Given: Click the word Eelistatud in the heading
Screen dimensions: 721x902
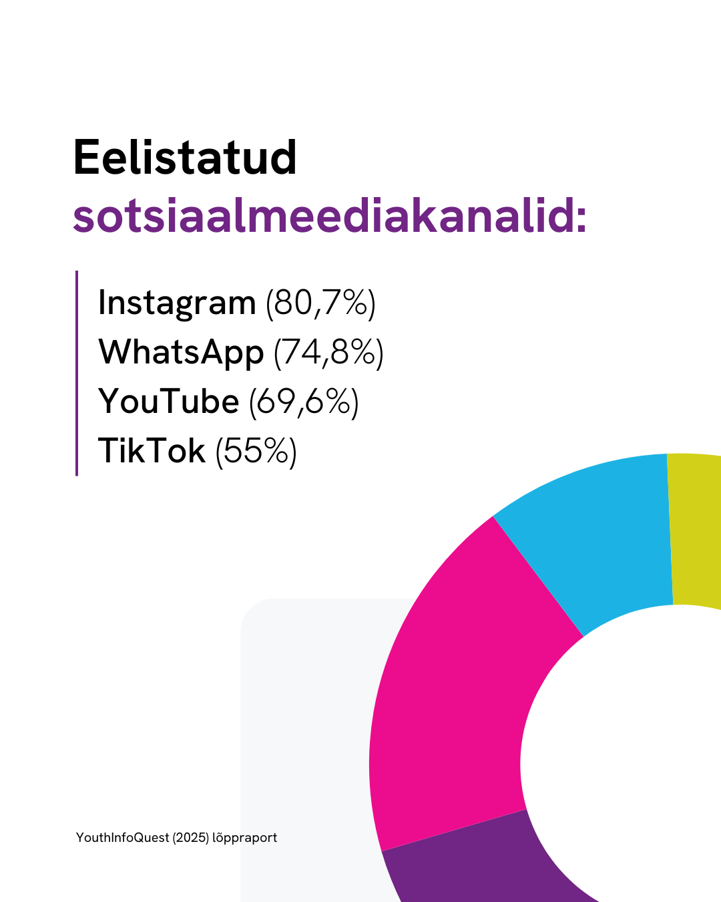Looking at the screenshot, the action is tap(185, 157).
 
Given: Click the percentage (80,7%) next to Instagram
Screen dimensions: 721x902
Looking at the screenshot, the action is tap(321, 304).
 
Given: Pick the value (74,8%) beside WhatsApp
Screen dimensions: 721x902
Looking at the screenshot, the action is tap(328, 353).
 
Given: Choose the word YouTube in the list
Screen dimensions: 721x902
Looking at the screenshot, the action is tap(168, 402).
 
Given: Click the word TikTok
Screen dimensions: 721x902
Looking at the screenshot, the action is tap(152, 450).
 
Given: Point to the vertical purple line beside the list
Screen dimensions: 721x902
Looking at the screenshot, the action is tap(77, 373).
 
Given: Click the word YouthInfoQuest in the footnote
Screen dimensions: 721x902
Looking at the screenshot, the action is tap(122, 837).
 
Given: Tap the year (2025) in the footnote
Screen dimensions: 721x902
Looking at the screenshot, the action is tap(191, 838).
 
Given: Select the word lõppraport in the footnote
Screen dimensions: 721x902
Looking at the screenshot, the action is tap(244, 838).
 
